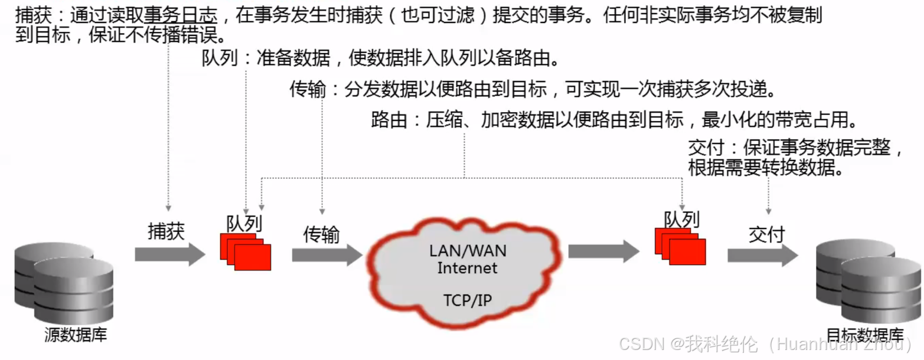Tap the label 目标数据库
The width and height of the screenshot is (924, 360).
(865, 335)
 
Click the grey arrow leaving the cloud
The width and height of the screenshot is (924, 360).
(603, 252)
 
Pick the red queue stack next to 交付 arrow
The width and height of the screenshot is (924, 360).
(680, 247)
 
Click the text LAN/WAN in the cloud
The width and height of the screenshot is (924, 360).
(468, 250)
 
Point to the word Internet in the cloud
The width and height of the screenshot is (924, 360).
(468, 268)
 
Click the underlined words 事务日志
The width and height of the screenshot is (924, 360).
(184, 16)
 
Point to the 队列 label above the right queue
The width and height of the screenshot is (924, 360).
(682, 220)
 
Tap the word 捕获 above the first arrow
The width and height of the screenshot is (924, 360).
(166, 232)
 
